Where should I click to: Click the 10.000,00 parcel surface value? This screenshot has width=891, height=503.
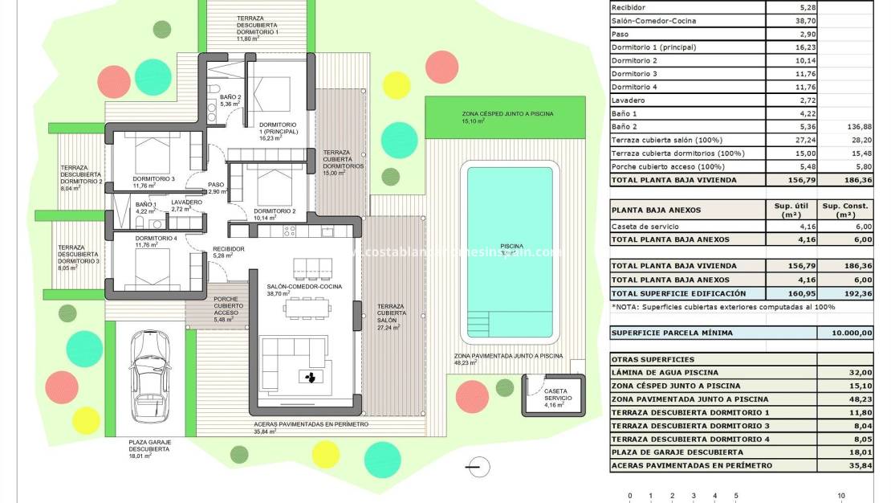click(x=845, y=333)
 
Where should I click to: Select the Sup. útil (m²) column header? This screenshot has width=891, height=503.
click(x=791, y=210)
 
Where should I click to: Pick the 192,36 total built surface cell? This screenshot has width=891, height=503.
click(x=845, y=293)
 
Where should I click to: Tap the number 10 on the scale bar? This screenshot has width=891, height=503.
click(x=841, y=496)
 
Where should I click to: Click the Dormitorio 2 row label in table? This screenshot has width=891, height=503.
click(x=634, y=60)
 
